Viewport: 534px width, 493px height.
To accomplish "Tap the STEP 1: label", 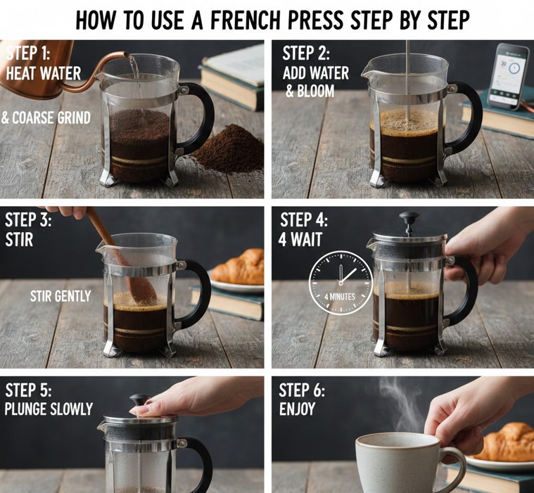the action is pyautogui.click(x=28, y=53).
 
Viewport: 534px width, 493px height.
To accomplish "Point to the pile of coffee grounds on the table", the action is pyautogui.click(x=229, y=149).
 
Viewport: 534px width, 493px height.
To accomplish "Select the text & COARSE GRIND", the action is pyautogui.click(x=46, y=118).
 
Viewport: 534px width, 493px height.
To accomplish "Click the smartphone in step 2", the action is pyautogui.click(x=509, y=76).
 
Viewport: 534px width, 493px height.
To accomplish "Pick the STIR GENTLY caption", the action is pyautogui.click(x=61, y=296).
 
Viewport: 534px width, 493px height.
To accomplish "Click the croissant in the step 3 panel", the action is pyautogui.click(x=239, y=267).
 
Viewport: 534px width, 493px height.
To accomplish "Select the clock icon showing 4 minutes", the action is pyautogui.click(x=341, y=283).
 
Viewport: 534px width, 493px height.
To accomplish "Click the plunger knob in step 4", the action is pyautogui.click(x=409, y=217).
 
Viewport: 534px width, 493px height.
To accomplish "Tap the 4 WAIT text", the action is pyautogui.click(x=300, y=239).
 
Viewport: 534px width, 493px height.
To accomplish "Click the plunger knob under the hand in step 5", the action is pyautogui.click(x=139, y=400).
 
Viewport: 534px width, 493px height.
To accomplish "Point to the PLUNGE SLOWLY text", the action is pyautogui.click(x=49, y=409).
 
